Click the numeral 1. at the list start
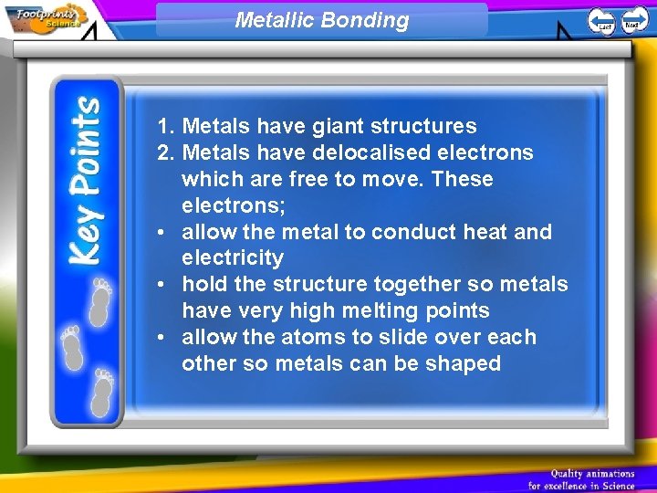164,126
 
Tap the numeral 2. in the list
164,152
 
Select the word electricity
233,257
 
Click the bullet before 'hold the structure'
161,285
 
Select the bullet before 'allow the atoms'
161,338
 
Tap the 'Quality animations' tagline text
592,473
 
